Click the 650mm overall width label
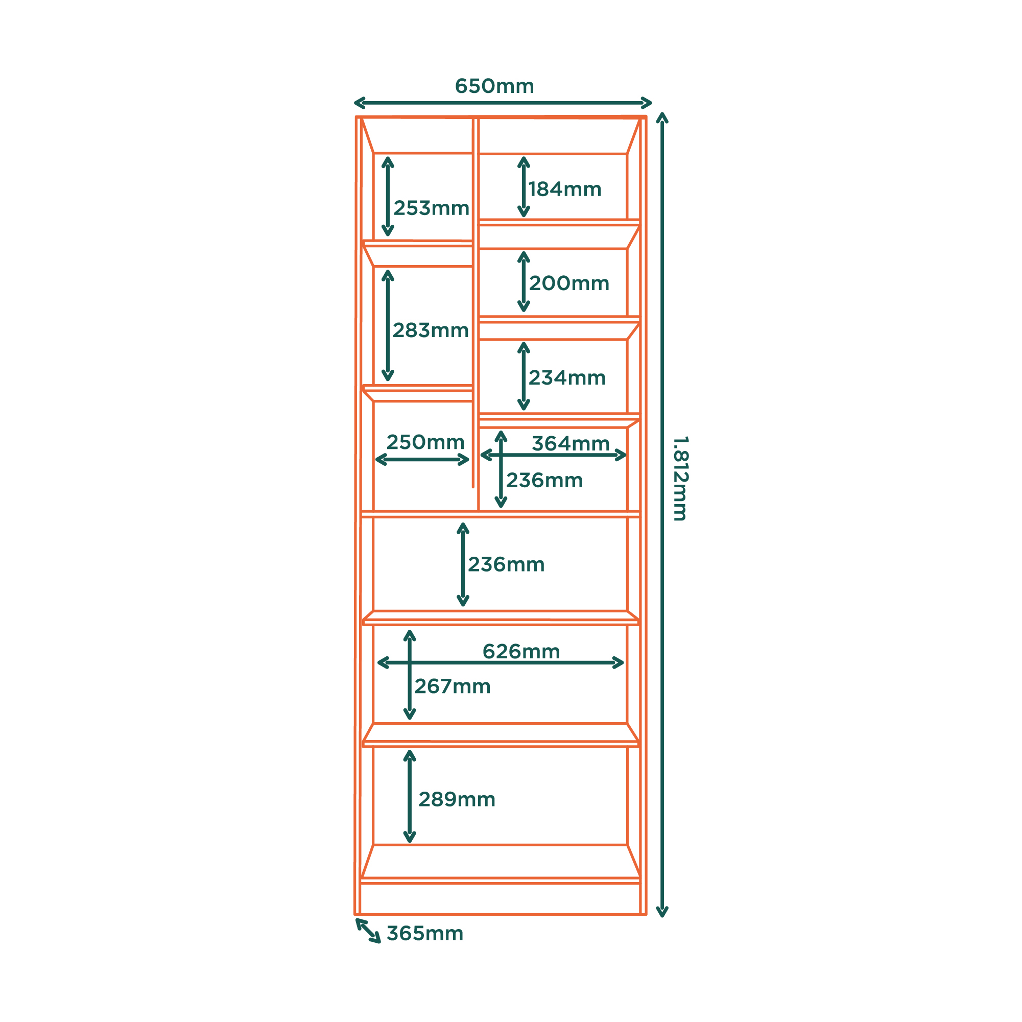click(x=494, y=86)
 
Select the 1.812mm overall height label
click(x=680, y=478)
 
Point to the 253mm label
click(x=431, y=208)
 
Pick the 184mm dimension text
click(x=565, y=189)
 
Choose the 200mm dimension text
click(x=569, y=283)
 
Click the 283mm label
click(x=431, y=330)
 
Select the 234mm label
click(x=567, y=378)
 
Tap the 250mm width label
click(x=425, y=442)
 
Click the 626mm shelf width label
click(x=521, y=652)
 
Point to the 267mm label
click(x=453, y=686)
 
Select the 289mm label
click(x=457, y=799)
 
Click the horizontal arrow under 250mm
click(x=422, y=460)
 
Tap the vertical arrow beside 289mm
click(x=410, y=796)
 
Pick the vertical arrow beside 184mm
click(x=524, y=187)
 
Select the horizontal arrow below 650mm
click(x=503, y=103)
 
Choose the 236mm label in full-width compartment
click(x=506, y=565)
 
